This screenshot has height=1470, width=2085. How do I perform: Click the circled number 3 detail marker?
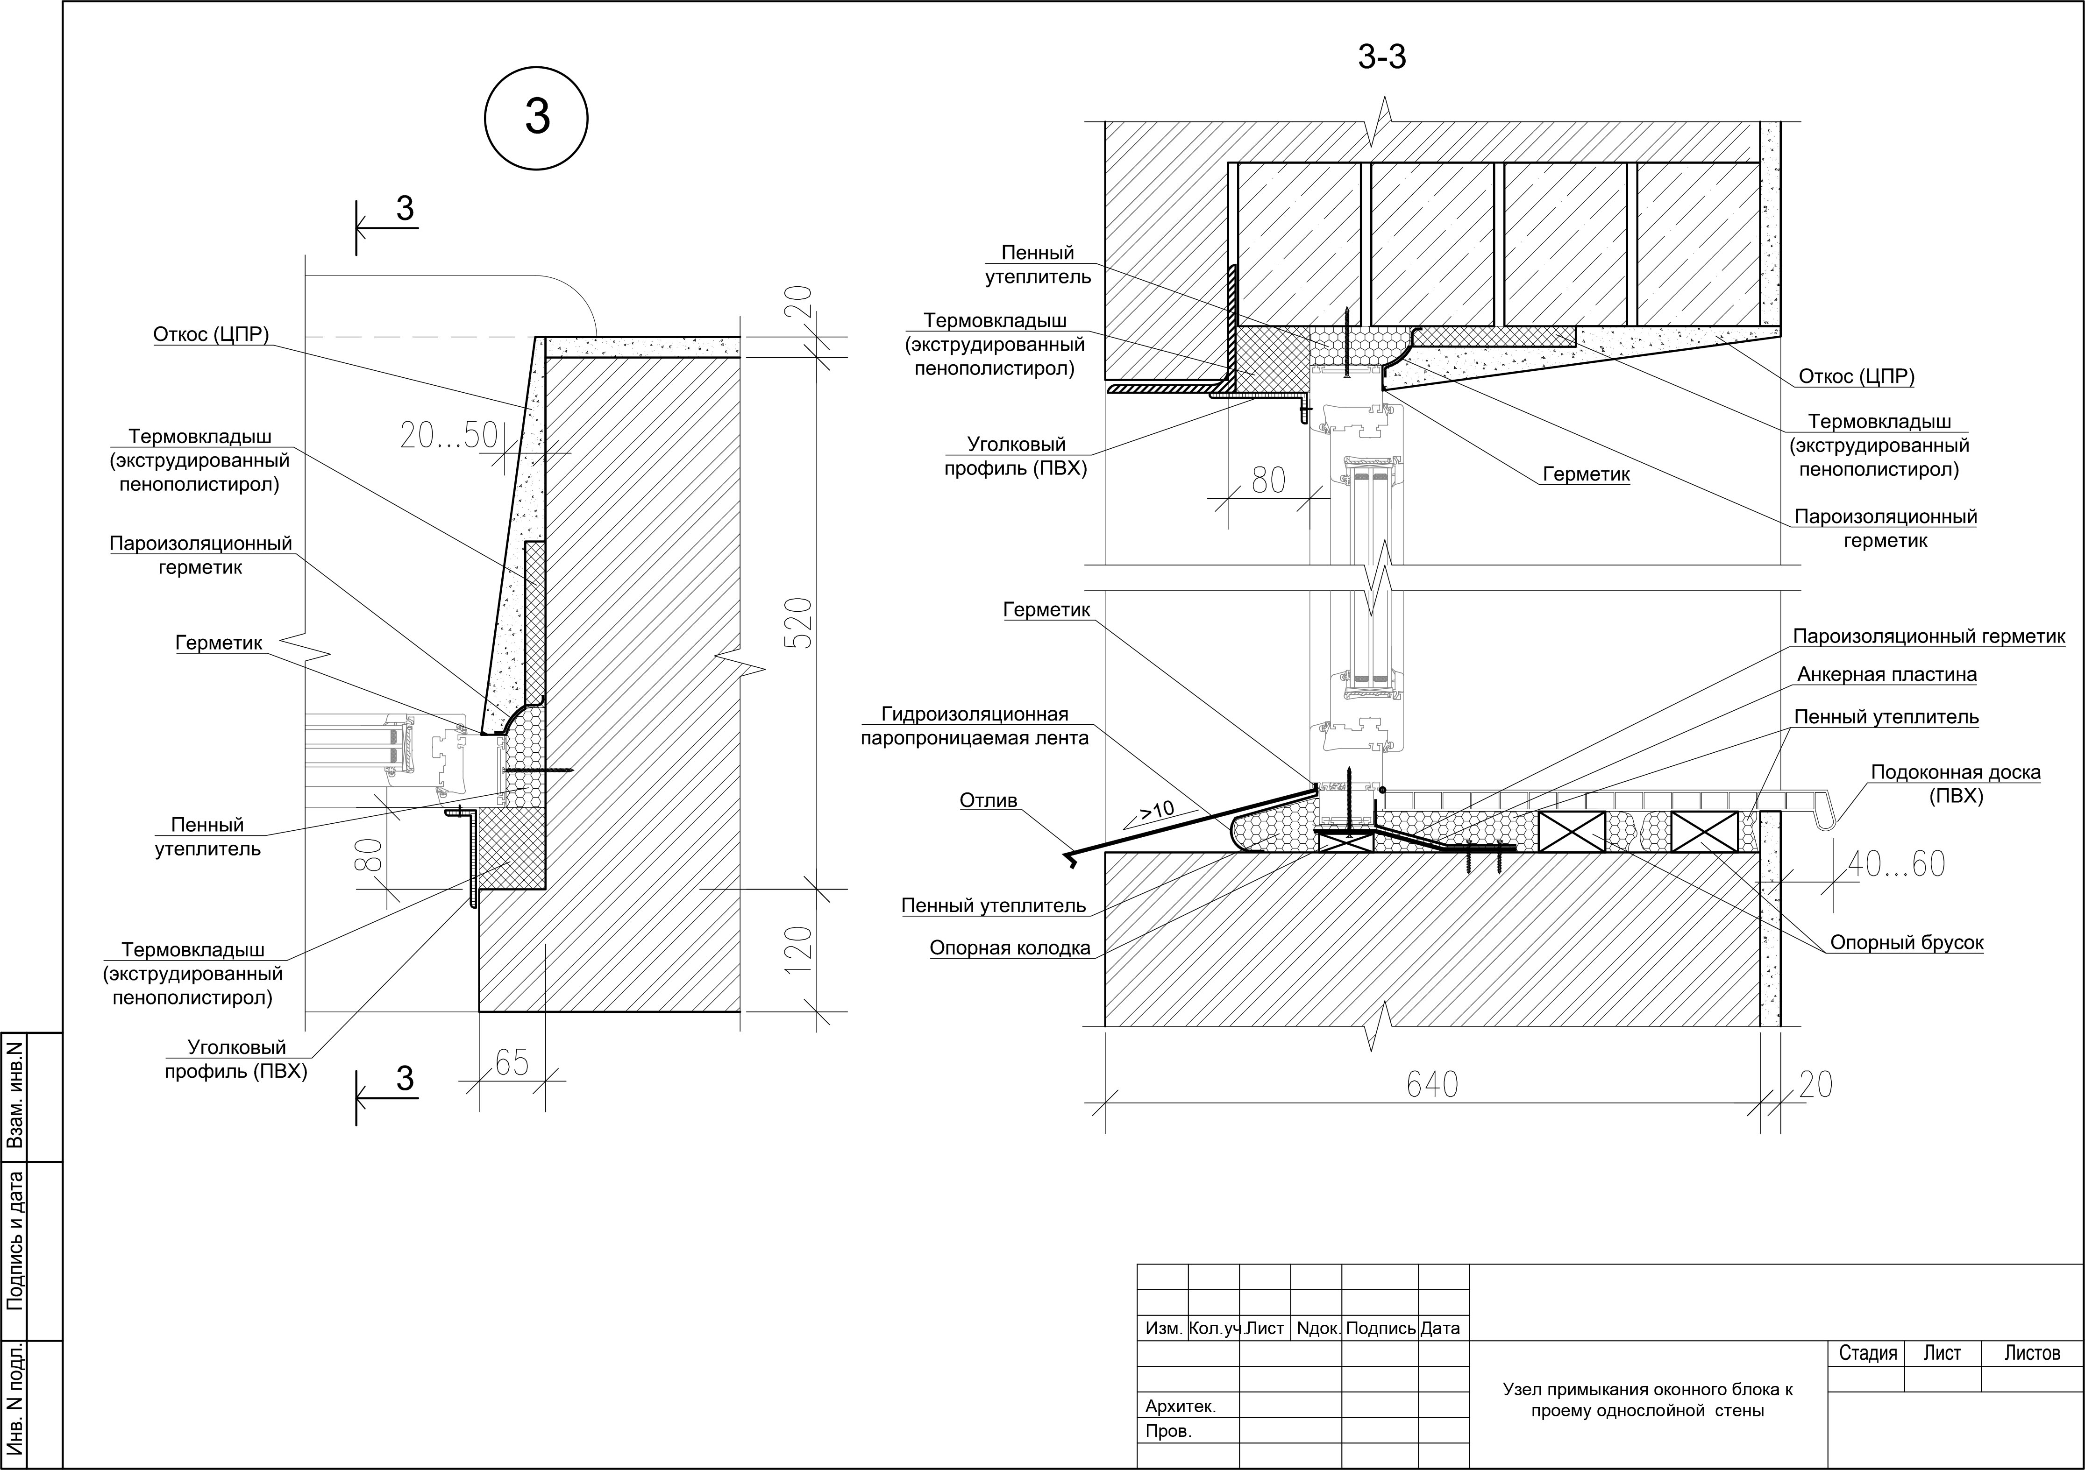click(x=537, y=118)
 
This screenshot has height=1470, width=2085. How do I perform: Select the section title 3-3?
click(x=1382, y=57)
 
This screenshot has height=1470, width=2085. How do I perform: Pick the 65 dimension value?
click(x=512, y=1062)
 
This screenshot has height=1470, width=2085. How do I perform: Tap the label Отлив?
click(x=989, y=801)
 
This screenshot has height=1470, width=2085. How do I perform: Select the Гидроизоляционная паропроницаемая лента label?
click(x=975, y=727)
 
